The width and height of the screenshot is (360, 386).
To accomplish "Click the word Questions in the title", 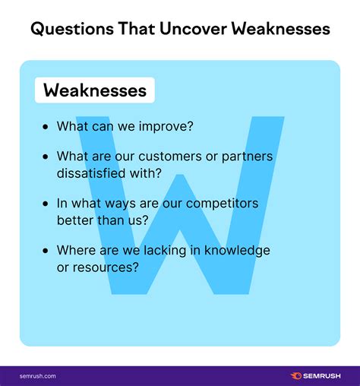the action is (72, 29).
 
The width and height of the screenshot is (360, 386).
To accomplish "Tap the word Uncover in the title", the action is (194, 28).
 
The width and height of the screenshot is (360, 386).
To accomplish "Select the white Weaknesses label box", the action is (95, 90).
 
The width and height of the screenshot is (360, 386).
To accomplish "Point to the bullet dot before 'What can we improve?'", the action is (46, 127).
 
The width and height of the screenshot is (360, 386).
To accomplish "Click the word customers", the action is (170, 157).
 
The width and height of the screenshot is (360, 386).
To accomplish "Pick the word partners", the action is (247, 157).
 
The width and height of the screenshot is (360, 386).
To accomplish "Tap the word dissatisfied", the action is (91, 173).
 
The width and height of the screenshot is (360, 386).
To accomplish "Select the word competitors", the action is (222, 204).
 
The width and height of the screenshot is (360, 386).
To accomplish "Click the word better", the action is (75, 220).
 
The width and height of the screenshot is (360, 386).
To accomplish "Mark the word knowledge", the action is (237, 251).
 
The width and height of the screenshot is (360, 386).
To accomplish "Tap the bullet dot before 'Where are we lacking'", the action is (46, 251).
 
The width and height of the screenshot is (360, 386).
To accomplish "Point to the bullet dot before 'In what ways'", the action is (46, 204).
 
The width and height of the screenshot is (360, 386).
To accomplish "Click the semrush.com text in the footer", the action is (38, 376).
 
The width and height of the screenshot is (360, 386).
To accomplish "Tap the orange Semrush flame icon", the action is (295, 375).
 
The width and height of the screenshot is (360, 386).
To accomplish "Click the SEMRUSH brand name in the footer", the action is (322, 376).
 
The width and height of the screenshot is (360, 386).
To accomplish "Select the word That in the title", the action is (137, 28).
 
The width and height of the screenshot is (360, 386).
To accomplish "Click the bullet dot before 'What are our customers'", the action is (46, 157).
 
